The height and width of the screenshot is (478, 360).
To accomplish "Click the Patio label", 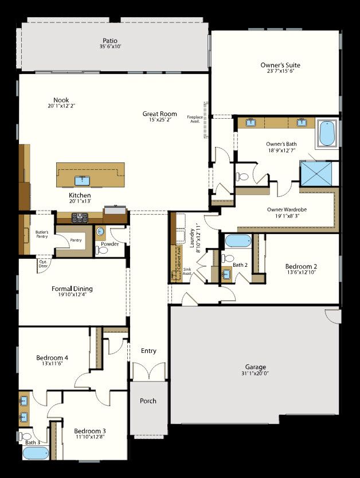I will click(110, 41).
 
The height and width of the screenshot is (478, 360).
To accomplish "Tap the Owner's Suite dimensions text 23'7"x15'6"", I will click(280, 72).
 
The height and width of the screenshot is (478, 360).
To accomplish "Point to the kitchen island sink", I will click(83, 181).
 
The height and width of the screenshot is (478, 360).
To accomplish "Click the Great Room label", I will click(159, 114).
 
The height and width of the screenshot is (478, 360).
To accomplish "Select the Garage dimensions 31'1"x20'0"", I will click(255, 373).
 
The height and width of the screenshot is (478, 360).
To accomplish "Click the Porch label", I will click(148, 401).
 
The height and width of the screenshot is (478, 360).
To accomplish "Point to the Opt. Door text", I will click(43, 265).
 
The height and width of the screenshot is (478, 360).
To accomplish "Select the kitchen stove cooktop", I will click(79, 217).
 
